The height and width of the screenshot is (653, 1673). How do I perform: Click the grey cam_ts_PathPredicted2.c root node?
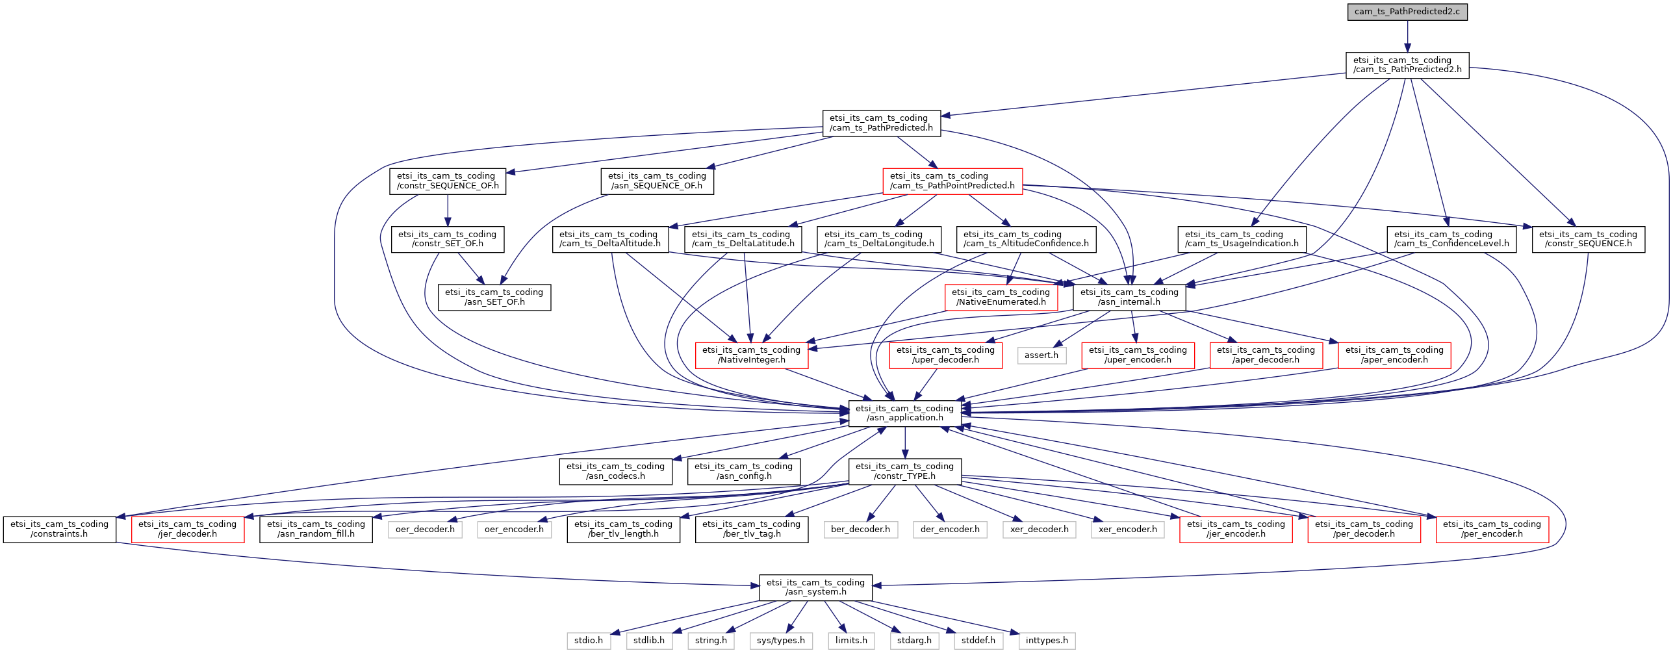pos(1407,12)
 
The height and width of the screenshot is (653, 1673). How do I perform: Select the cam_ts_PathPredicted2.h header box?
pos(1407,65)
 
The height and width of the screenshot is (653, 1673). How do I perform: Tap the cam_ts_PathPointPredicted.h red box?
pos(952,181)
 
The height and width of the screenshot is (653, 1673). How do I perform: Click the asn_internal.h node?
pos(1129,297)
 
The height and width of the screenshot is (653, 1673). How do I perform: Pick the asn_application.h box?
pos(905,413)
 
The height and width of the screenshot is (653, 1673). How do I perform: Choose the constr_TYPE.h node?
pos(905,471)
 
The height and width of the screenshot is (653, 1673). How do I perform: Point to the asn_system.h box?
pos(816,587)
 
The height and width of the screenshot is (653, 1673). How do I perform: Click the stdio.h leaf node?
pos(589,641)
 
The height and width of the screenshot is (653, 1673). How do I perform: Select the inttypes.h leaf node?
pos(1047,641)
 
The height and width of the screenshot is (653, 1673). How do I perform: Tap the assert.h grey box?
pos(1041,355)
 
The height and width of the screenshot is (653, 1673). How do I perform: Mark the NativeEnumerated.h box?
pos(1001,297)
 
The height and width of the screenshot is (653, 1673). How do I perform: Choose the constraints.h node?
pos(60,530)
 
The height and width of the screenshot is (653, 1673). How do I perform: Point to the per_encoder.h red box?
pos(1492,530)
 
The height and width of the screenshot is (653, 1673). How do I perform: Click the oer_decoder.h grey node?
pos(426,530)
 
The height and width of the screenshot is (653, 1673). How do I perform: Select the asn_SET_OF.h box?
pos(494,297)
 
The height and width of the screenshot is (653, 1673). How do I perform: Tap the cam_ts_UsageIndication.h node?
pos(1242,239)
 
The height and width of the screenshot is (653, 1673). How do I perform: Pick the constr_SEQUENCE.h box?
pos(1589,239)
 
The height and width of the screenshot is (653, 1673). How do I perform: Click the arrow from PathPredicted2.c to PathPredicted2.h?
pos(1407,36)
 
